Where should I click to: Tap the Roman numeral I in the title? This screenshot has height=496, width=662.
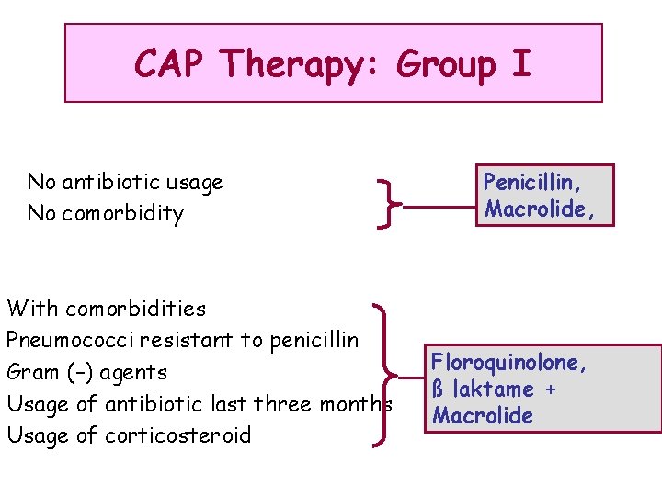(x=520, y=63)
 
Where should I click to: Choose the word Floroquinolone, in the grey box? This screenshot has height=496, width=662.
(x=509, y=362)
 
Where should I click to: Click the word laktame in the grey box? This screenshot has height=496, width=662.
(x=493, y=389)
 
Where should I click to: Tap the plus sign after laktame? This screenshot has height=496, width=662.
(x=550, y=389)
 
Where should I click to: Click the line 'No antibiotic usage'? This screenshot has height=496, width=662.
(x=125, y=182)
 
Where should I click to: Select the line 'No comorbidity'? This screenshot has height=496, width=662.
(x=106, y=214)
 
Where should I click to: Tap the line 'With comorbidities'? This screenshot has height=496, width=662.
(x=106, y=308)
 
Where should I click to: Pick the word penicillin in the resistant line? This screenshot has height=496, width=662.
(x=314, y=340)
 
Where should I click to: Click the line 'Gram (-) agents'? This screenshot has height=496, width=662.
(x=86, y=372)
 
